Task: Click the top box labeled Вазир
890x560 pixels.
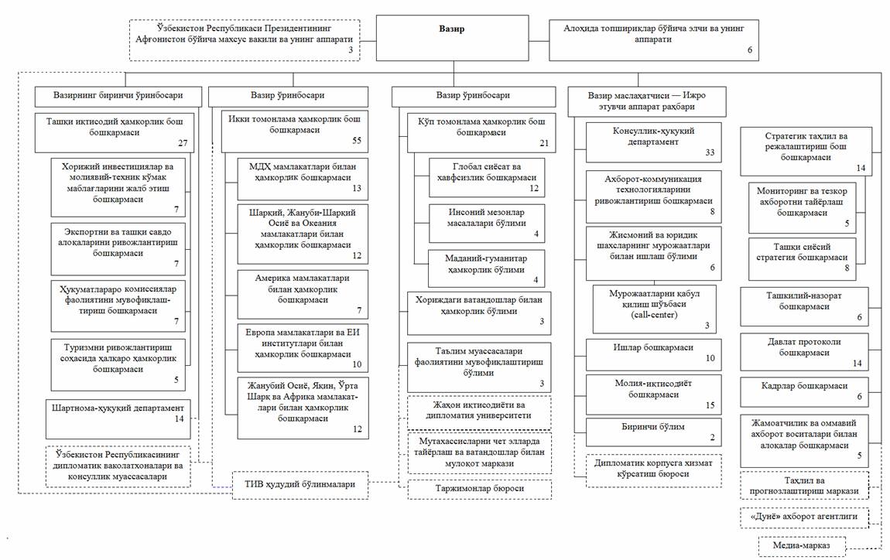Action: (453, 38)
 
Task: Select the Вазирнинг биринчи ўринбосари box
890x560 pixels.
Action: (118, 97)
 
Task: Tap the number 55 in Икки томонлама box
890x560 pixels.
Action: (357, 140)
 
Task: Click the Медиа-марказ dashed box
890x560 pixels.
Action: (802, 546)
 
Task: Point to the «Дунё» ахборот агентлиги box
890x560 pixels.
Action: (804, 517)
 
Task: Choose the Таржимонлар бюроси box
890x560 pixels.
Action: (480, 489)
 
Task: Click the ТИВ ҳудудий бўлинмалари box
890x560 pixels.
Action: (300, 485)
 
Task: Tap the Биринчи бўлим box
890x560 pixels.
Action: (653, 432)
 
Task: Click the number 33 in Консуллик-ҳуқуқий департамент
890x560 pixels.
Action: (710, 152)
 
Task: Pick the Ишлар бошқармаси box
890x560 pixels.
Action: (653, 354)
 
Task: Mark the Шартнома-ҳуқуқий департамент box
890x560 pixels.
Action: (118, 418)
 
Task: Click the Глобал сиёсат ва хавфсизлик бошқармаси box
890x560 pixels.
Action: (487, 178)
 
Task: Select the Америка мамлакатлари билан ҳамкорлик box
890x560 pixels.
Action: (303, 295)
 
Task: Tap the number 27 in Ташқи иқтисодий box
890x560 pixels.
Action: (182, 143)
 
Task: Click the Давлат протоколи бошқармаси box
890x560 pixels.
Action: (804, 353)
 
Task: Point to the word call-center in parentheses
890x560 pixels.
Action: (654, 315)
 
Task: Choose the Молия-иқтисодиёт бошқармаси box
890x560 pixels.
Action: (653, 394)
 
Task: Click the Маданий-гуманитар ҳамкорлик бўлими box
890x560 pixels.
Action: (487, 268)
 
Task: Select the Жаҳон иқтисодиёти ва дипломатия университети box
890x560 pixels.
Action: (480, 412)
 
